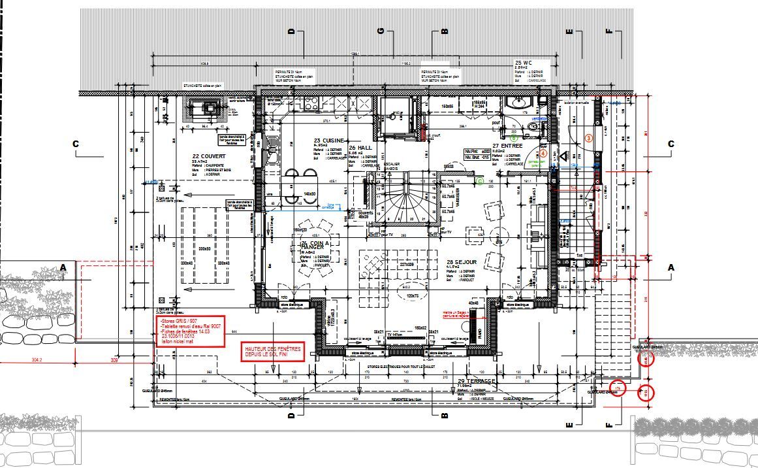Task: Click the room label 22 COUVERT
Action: pyautogui.click(x=209, y=156)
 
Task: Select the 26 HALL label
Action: pyautogui.click(x=360, y=148)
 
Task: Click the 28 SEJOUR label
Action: pyautogui.click(x=462, y=262)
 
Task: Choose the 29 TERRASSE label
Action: pyautogui.click(x=477, y=381)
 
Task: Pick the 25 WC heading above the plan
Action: pyautogui.click(x=524, y=62)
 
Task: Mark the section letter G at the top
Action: pyautogui.click(x=380, y=31)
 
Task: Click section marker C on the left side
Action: pyautogui.click(x=76, y=144)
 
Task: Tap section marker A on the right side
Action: pyautogui.click(x=671, y=267)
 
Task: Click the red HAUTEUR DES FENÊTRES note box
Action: pyautogui.click(x=273, y=353)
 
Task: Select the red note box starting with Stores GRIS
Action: pyautogui.click(x=191, y=332)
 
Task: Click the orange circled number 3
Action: pyautogui.click(x=588, y=138)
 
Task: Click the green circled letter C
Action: pyautogui.click(x=481, y=181)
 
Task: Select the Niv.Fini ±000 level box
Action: pyautogui.click(x=476, y=150)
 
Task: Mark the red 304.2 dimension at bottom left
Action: pyautogui.click(x=40, y=359)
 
